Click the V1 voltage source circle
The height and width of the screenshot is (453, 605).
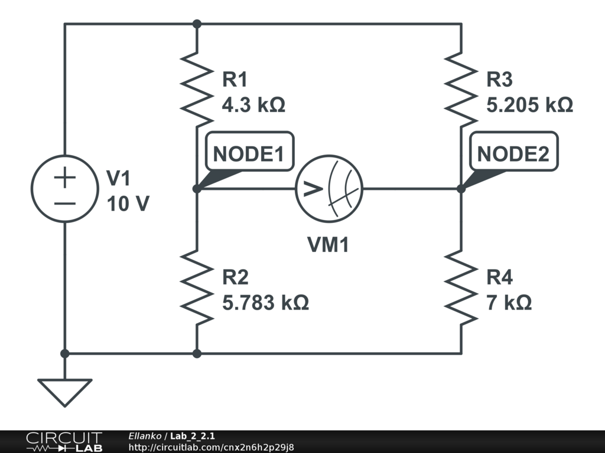point(65,189)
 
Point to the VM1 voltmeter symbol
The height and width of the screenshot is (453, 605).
point(329,189)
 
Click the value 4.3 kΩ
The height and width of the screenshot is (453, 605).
point(253,106)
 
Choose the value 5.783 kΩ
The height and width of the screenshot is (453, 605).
point(265,303)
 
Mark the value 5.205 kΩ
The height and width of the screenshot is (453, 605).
point(529,106)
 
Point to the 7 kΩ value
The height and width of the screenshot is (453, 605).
point(509,303)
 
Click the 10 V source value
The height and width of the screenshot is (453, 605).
point(128,204)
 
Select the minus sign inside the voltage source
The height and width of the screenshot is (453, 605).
point(65,203)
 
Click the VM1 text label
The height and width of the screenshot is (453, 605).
point(328,244)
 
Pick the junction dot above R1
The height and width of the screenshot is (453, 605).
point(197,24)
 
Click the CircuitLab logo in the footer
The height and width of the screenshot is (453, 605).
point(63,442)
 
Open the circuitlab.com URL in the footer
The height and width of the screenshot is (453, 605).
point(211,447)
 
